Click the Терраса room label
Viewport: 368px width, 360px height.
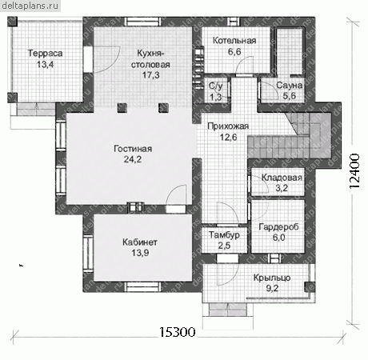(45, 53)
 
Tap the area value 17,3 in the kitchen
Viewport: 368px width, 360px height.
(150, 75)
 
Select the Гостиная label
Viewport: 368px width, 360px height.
(133, 149)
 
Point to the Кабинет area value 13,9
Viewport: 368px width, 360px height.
(140, 253)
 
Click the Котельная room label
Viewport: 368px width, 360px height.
(234, 41)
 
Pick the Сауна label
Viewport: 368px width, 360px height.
(290, 86)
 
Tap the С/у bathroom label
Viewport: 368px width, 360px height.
(215, 86)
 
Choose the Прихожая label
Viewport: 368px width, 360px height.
(228, 126)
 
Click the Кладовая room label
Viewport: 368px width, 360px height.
(282, 178)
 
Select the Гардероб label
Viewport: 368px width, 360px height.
(278, 227)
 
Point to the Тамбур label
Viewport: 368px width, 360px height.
(224, 235)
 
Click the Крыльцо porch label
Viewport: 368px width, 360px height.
(272, 278)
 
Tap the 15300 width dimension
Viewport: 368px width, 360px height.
(178, 332)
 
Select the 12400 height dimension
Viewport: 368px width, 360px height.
(354, 171)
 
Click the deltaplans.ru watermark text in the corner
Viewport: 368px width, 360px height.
(30, 6)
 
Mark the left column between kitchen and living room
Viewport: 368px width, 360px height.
(122, 107)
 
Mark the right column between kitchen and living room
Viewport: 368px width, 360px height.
(163, 107)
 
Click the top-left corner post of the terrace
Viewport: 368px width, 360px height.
(12, 22)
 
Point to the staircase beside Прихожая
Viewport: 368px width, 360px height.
(290, 136)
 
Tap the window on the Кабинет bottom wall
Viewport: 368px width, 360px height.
(143, 287)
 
